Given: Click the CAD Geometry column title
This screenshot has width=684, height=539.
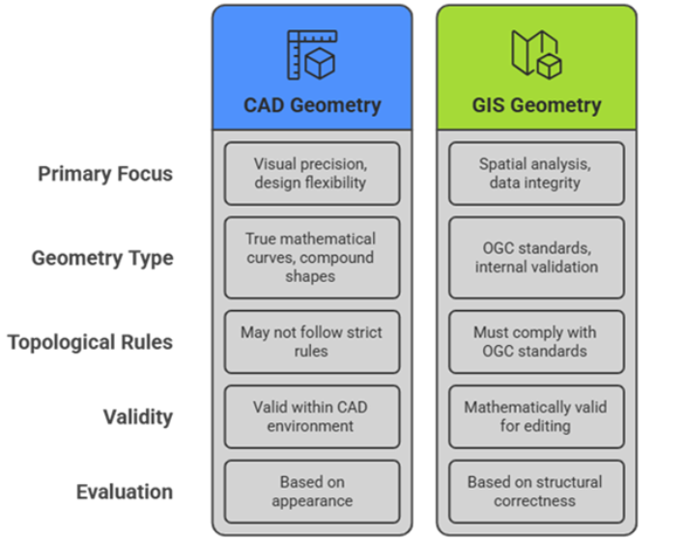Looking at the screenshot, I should tap(311, 105).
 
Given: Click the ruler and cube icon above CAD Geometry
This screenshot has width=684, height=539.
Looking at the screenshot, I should tap(311, 54).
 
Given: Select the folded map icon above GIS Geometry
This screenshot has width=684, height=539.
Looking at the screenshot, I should tap(535, 54).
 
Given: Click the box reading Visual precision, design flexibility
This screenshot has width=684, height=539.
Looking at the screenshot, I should tap(311, 174).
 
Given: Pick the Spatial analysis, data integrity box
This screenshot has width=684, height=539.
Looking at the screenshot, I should tap(535, 174).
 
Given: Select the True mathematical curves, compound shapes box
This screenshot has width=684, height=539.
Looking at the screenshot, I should tap(311, 257).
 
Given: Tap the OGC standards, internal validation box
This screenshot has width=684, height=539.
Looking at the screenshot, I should tap(535, 257).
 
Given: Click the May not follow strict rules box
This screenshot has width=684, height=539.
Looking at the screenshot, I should tap(311, 341).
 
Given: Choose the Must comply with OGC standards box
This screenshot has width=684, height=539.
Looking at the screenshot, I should tap(535, 341).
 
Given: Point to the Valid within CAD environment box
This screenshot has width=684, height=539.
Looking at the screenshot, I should tap(311, 416).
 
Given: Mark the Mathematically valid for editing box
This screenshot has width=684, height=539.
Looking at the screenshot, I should tap(535, 416).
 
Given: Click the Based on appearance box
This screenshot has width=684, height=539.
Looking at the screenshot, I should tap(311, 492).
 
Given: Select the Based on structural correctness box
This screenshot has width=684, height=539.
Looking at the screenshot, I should tap(535, 492).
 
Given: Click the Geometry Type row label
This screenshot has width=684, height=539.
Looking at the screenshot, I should tap(102, 259).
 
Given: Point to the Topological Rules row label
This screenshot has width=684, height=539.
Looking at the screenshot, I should tap(91, 342).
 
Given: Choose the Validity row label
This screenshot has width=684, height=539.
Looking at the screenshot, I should tap(139, 416).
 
